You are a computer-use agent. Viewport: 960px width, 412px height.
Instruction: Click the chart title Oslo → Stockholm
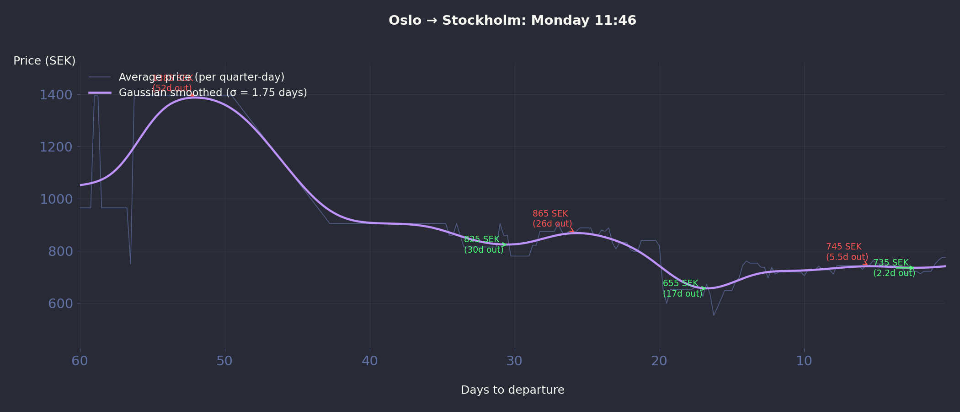pyautogui.click(x=512, y=21)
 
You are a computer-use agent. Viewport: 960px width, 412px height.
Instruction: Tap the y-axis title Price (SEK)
pyautogui.click(x=44, y=61)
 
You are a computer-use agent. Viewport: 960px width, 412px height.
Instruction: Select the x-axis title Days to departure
pyautogui.click(x=512, y=390)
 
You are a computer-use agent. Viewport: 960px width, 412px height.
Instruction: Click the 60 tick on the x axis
pyautogui.click(x=80, y=361)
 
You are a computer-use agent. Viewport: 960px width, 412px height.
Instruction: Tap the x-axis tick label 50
pyautogui.click(x=224, y=361)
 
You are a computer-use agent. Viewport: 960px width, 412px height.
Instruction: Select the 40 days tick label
pyautogui.click(x=370, y=361)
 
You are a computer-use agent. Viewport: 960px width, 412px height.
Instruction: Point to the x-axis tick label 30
pyautogui.click(x=514, y=361)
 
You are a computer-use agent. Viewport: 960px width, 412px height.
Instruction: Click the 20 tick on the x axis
pyautogui.click(x=659, y=361)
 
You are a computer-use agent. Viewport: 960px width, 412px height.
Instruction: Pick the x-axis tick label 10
pyautogui.click(x=804, y=361)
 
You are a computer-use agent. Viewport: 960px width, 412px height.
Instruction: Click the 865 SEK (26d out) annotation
pyautogui.click(x=552, y=219)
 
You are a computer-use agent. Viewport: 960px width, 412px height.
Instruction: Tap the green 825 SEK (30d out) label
pyautogui.click(x=483, y=244)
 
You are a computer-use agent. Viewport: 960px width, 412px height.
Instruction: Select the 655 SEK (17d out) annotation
pyautogui.click(x=682, y=288)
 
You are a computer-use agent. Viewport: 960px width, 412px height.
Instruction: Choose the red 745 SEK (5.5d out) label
pyautogui.click(x=847, y=252)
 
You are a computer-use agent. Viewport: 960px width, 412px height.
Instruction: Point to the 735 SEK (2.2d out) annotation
pyautogui.click(x=894, y=268)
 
